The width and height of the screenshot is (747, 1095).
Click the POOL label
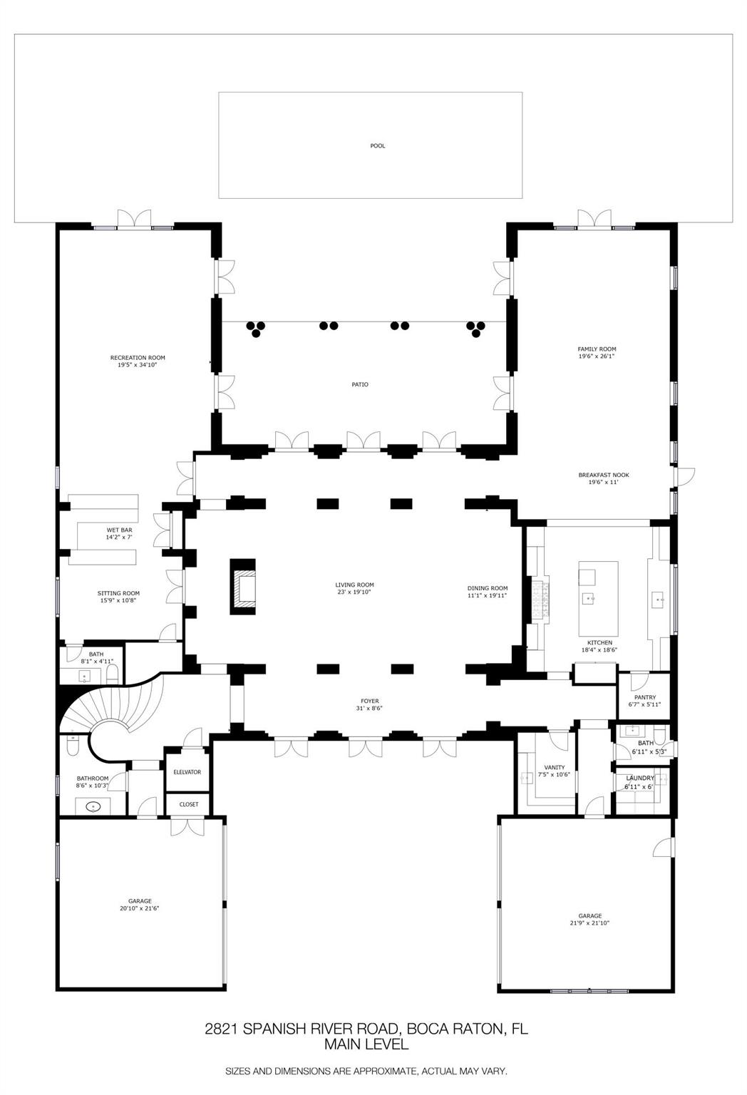point(377,145)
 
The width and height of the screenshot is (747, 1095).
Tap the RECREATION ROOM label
point(138,358)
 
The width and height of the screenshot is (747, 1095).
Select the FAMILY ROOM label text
point(597,349)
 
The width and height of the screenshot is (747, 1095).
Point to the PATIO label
point(360,385)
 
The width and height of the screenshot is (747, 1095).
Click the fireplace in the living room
point(243,587)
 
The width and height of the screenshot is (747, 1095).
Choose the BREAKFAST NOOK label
point(604,475)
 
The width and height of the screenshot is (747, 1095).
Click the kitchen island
point(598,598)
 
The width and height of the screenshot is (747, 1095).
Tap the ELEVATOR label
point(187,772)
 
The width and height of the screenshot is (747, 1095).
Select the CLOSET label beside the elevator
point(189,804)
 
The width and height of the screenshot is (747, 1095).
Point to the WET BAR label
point(119,530)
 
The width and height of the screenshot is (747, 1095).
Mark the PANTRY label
point(645,698)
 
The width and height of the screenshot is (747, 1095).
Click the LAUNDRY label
point(640,778)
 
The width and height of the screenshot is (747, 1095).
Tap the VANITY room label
point(555,768)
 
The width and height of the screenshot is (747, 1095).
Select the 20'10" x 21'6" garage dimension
point(140,908)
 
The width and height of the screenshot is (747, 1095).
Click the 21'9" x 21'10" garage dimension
point(589,923)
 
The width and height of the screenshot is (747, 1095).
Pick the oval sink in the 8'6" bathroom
point(93,806)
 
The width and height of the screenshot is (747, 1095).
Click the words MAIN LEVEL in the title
point(366,1044)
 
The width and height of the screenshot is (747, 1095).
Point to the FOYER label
point(370,701)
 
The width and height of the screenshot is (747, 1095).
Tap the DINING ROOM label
point(488,588)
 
